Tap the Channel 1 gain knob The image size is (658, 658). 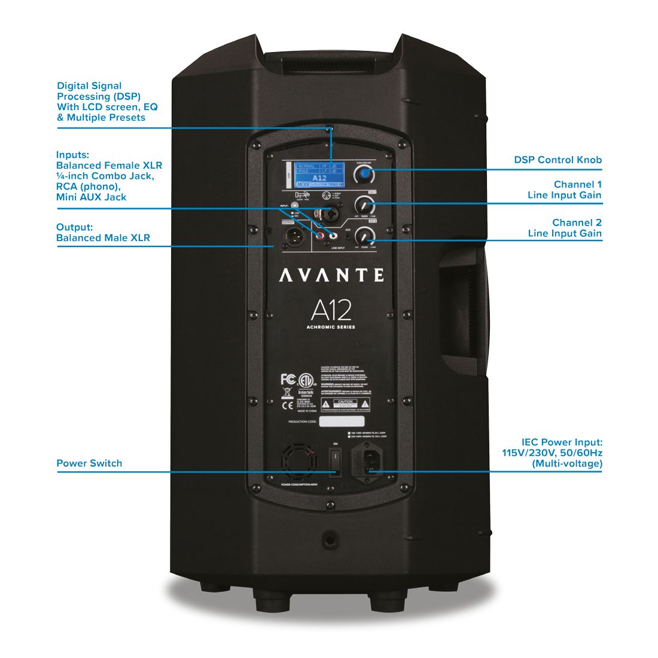[364, 205]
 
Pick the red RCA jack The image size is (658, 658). [321, 237]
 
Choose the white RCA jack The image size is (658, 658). [331, 237]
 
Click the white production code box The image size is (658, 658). [342, 422]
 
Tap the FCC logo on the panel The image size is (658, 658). [288, 379]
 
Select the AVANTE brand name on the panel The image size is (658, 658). [331, 275]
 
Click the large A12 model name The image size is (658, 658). [331, 310]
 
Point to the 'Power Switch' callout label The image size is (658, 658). [89, 463]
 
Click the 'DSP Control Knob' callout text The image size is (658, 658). [558, 160]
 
